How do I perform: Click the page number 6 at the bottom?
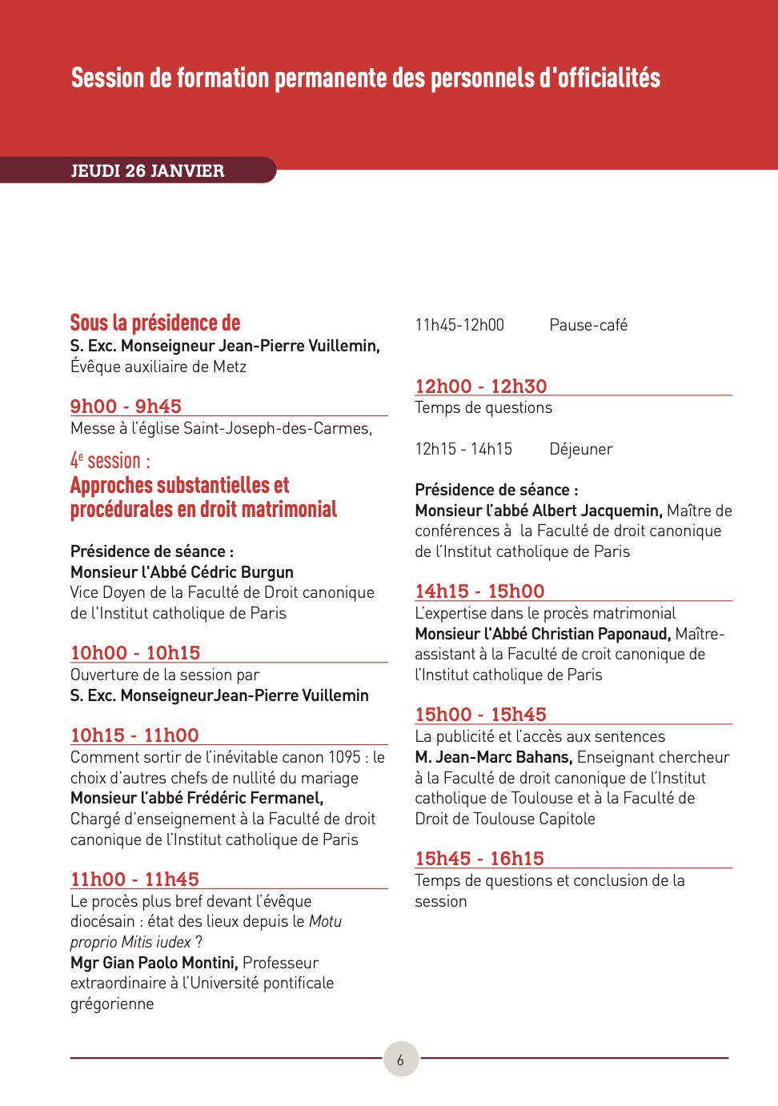(x=400, y=1060)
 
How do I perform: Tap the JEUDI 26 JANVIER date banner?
(x=147, y=170)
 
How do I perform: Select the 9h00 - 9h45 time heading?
(x=126, y=406)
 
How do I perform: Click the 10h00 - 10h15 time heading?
(x=135, y=652)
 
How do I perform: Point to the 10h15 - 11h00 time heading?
(x=134, y=735)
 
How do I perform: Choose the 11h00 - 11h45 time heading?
(x=134, y=879)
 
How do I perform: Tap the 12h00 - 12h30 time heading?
(x=480, y=386)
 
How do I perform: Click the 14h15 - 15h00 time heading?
(x=479, y=591)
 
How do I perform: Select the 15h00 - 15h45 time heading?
(x=480, y=714)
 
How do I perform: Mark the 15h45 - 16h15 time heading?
(x=479, y=858)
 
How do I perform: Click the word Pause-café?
(x=588, y=325)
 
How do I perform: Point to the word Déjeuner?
(x=581, y=449)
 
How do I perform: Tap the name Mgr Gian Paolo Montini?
(x=154, y=962)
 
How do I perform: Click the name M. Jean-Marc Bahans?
(x=493, y=757)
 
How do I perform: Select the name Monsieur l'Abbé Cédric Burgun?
(x=182, y=572)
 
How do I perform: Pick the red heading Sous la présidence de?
(x=155, y=323)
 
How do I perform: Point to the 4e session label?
(x=110, y=461)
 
